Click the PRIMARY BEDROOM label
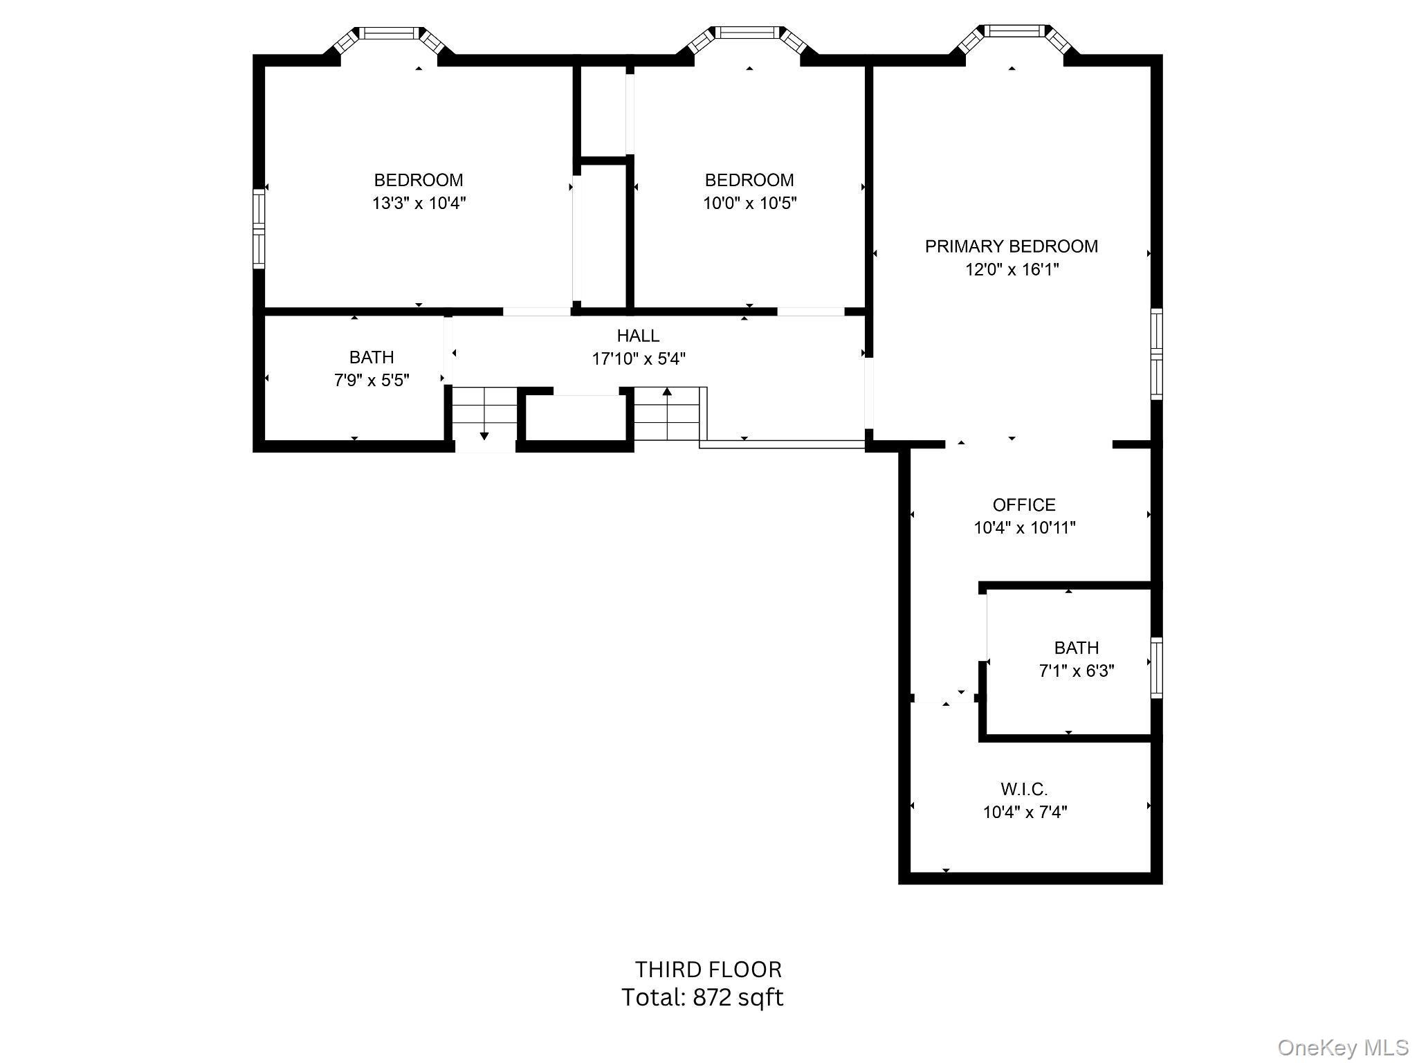pyautogui.click(x=1011, y=246)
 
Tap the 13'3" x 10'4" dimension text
pyautogui.click(x=419, y=203)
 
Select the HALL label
pyautogui.click(x=638, y=336)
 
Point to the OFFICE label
pyautogui.click(x=1024, y=505)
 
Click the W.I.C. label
pyautogui.click(x=1024, y=789)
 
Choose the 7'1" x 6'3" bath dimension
pyautogui.click(x=1077, y=671)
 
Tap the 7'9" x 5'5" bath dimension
pyautogui.click(x=372, y=381)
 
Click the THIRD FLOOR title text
pyautogui.click(x=708, y=970)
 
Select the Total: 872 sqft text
pyautogui.click(x=702, y=997)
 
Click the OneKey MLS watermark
pyautogui.click(x=1342, y=1048)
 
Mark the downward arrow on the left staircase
pyautogui.click(x=484, y=435)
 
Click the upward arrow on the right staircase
pyautogui.click(x=667, y=392)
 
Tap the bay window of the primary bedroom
pyautogui.click(x=1013, y=30)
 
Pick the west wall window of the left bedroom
pyautogui.click(x=259, y=228)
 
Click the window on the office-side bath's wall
pyautogui.click(x=1156, y=668)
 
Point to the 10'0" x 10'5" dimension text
pyautogui.click(x=750, y=203)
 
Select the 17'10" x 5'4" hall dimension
pyautogui.click(x=638, y=359)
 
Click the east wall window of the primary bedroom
pyautogui.click(x=1156, y=354)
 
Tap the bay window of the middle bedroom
pyautogui.click(x=747, y=33)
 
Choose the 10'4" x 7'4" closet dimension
pyautogui.click(x=1025, y=812)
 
